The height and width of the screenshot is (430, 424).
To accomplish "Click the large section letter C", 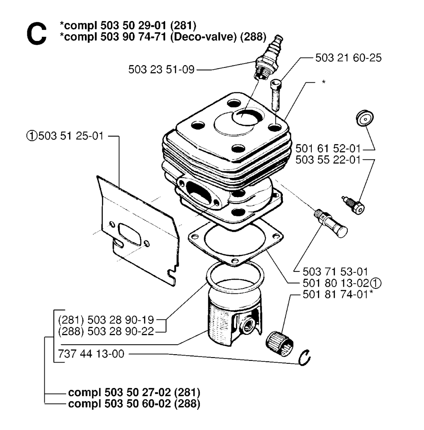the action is point(36,34).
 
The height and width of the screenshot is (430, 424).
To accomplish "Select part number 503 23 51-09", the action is point(161,70).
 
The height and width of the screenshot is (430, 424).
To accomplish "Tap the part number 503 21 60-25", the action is point(348,58).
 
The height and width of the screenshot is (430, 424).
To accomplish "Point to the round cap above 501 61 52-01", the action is point(365,118).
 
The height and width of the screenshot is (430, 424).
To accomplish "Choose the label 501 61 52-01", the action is point(328,149).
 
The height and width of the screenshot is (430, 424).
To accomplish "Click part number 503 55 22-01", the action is point(328,160).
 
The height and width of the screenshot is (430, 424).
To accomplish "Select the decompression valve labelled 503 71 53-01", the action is point(331,223).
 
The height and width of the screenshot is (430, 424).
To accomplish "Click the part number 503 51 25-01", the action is point(71,136).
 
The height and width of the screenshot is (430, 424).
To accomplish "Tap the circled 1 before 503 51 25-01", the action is point(31,136).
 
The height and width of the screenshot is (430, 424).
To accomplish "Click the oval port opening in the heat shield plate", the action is point(130,234).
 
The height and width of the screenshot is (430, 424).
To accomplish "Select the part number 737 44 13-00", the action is point(91,354).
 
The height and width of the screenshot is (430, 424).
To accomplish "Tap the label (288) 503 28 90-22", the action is point(106,331).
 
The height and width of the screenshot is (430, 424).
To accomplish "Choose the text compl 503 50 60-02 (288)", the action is point(134,404).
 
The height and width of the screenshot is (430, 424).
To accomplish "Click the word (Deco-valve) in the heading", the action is point(203,37).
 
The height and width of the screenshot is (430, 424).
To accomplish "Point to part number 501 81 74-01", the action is point(335,294).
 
